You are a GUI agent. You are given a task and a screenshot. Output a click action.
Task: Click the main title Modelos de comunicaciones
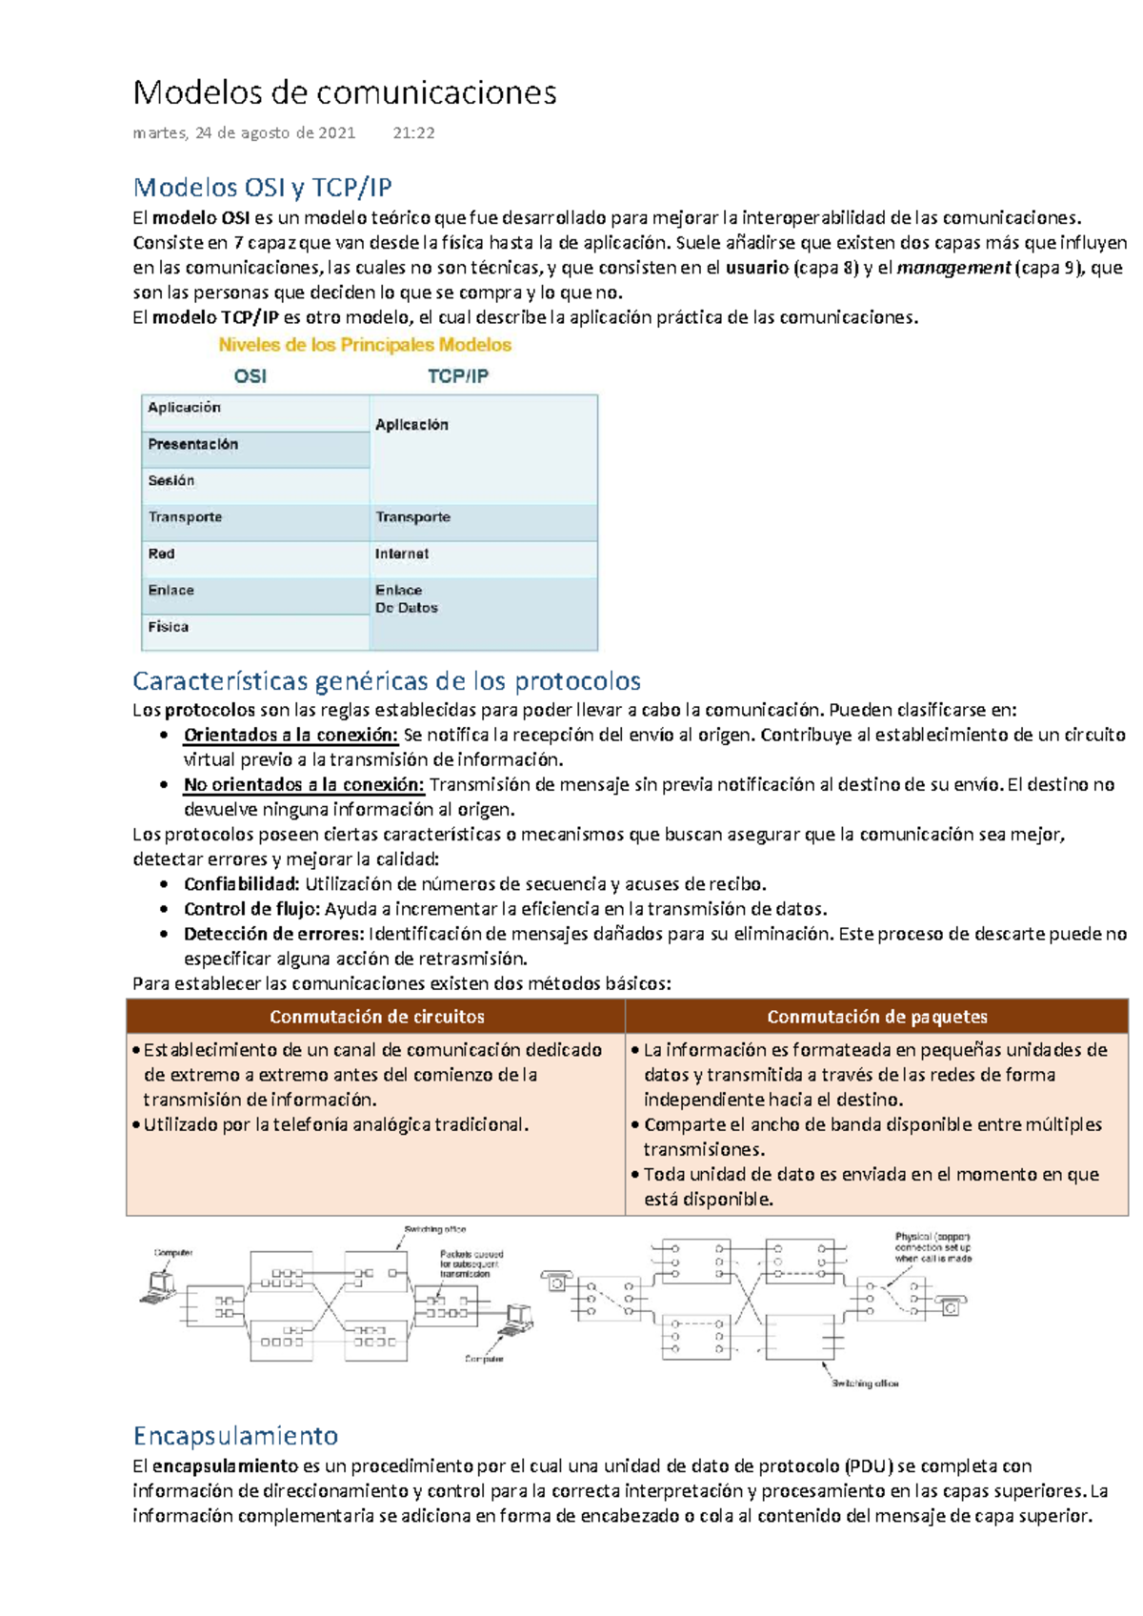pos(345,92)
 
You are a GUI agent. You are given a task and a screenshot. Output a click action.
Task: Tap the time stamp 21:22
pos(413,133)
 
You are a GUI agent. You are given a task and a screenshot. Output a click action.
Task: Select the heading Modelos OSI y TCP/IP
pos(262,187)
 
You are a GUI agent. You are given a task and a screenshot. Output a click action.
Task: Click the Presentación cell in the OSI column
pos(193,444)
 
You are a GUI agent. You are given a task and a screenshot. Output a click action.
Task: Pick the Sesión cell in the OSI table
pos(171,480)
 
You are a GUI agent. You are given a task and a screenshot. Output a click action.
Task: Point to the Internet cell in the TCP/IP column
pos(401,554)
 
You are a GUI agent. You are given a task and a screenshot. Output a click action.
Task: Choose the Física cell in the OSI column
pos(169,627)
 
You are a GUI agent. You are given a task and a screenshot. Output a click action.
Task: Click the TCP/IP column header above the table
pos(457,376)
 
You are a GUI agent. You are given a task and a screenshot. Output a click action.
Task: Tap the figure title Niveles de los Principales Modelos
pos(365,345)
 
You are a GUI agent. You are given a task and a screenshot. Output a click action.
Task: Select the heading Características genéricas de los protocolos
pos(386,680)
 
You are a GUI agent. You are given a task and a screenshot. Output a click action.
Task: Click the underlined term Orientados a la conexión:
pos(291,735)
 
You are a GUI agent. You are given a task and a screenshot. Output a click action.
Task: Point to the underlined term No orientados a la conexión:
pos(304,784)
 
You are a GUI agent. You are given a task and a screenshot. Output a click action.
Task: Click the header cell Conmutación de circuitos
pos(376,1017)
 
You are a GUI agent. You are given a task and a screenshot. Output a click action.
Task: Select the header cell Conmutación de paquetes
pos(876,1017)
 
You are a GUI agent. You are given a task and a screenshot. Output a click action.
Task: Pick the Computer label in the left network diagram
pos(173,1253)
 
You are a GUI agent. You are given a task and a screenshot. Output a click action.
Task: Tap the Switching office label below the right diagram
pos(865,1384)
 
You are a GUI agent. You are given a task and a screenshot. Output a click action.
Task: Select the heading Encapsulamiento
pos(235,1435)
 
